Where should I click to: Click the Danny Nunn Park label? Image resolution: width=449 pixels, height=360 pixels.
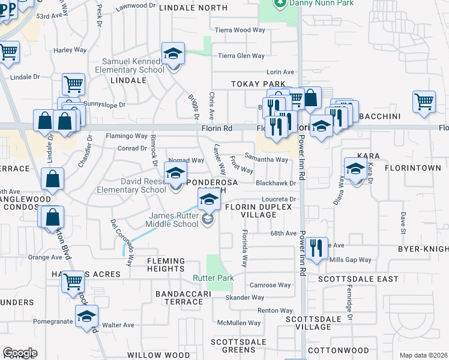(x=306, y=4)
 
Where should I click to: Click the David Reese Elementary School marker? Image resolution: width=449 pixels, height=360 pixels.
(x=175, y=176)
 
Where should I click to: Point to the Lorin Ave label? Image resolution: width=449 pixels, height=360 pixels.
(x=280, y=72)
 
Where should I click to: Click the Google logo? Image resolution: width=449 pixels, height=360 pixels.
(x=20, y=353)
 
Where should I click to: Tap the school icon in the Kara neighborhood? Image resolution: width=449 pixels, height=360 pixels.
(x=355, y=169)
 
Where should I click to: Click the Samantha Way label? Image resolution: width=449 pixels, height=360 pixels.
(x=266, y=160)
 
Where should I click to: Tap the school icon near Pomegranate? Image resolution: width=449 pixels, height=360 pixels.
(x=86, y=316)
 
